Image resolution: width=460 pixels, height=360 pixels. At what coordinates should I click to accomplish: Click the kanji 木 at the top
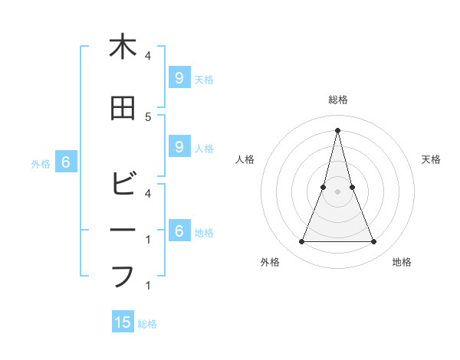tap(123, 47)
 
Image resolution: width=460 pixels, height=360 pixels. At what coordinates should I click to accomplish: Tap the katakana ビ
tap(123, 185)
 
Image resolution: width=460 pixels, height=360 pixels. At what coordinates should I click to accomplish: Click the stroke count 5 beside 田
tap(148, 116)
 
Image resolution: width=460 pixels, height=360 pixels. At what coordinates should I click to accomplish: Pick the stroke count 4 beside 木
tap(148, 56)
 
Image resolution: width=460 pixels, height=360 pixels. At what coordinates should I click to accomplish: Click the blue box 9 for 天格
tap(179, 77)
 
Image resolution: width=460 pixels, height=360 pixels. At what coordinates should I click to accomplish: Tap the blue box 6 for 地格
tap(179, 231)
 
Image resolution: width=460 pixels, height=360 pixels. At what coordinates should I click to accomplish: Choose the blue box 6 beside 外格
tap(65, 162)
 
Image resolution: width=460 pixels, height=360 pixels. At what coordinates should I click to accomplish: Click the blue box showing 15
tap(123, 322)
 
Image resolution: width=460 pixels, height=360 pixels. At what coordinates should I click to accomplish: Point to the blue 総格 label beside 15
tap(147, 324)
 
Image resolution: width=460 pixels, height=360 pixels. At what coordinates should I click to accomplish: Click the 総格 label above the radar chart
tap(337, 100)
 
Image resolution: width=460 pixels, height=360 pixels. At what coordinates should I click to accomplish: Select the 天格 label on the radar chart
tap(431, 159)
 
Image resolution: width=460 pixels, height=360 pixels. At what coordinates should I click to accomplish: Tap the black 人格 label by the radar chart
tap(245, 159)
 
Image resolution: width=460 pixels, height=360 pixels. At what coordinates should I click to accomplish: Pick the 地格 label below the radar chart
tap(402, 262)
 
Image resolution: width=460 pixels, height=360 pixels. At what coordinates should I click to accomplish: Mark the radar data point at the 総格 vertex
tap(337, 130)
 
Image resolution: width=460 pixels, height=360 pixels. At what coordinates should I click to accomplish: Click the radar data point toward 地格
tap(374, 242)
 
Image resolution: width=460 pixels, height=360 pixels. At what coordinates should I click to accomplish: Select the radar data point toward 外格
tap(301, 242)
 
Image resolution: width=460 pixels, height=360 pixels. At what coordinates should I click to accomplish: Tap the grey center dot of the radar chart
tap(337, 191)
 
